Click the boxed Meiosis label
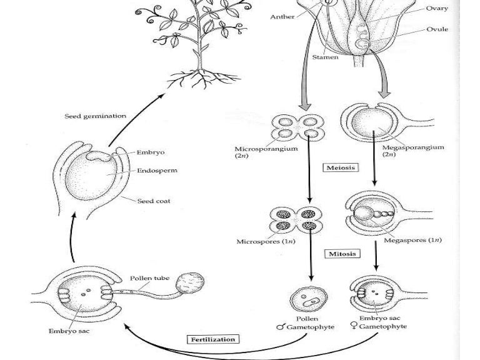point(341,167)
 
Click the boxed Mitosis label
point(342,254)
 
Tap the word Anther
point(282,16)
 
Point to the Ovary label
point(437,8)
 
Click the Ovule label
point(437,29)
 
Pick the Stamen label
point(325,57)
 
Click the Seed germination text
point(96,116)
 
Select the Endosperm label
point(157,170)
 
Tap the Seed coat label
point(154,201)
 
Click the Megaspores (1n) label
point(412,239)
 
